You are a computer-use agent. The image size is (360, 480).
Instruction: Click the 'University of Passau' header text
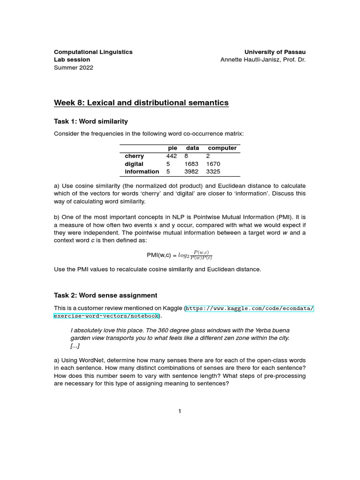(275, 52)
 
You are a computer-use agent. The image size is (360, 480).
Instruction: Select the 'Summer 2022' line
(74, 67)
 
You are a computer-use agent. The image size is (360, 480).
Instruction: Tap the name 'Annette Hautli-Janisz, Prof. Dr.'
(262, 60)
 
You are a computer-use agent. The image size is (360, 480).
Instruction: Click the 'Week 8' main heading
(142, 103)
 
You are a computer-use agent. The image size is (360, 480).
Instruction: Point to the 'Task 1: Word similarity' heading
(91, 121)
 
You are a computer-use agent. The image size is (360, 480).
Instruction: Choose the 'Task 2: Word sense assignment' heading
(106, 295)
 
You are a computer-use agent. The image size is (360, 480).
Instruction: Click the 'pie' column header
(172, 148)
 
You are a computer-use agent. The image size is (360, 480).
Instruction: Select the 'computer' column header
(222, 148)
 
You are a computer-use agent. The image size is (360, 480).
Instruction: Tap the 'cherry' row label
(135, 156)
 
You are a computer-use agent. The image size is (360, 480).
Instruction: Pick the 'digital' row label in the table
(134, 164)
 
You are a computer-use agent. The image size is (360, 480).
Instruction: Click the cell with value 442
(172, 156)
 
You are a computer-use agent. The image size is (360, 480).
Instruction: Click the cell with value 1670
(213, 164)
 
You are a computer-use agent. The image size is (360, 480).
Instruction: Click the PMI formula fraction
(201, 255)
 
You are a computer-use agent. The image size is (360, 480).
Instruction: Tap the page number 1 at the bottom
(180, 412)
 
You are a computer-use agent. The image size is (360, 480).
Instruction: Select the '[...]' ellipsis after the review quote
(75, 346)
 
